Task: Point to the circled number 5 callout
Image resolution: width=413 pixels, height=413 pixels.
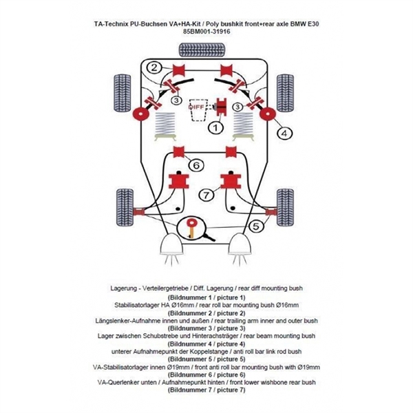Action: (255, 225)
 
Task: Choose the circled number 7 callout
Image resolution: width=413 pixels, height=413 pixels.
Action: (206, 195)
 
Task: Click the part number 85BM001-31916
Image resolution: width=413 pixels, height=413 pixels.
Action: (206, 32)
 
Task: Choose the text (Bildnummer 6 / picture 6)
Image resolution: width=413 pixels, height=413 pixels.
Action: (206, 374)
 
